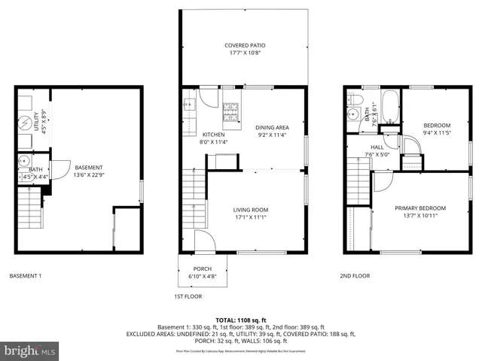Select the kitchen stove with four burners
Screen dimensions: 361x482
coord(230,114)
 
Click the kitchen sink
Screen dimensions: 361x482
coord(188,102)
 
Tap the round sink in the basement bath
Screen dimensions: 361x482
coord(23,160)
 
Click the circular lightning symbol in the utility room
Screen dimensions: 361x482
coord(24,121)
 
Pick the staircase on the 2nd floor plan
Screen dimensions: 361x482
coord(358,185)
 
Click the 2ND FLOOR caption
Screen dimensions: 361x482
coord(354,277)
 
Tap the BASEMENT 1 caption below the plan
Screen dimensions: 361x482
coord(25,277)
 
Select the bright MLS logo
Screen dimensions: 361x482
coord(29,350)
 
